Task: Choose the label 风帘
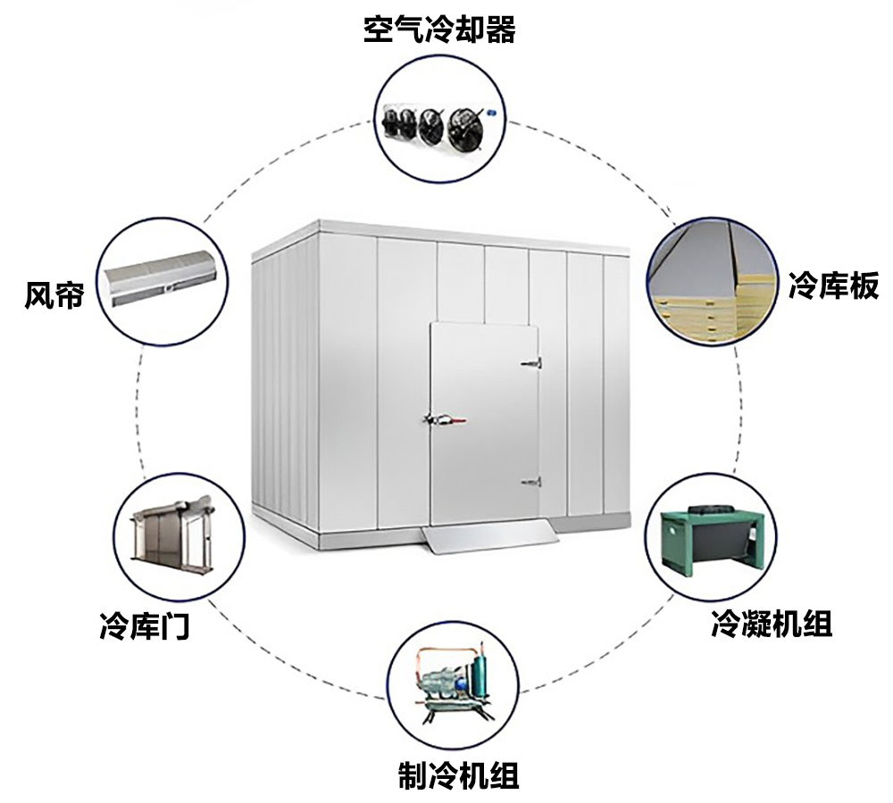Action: tap(54, 295)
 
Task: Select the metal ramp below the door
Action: tap(488, 534)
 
